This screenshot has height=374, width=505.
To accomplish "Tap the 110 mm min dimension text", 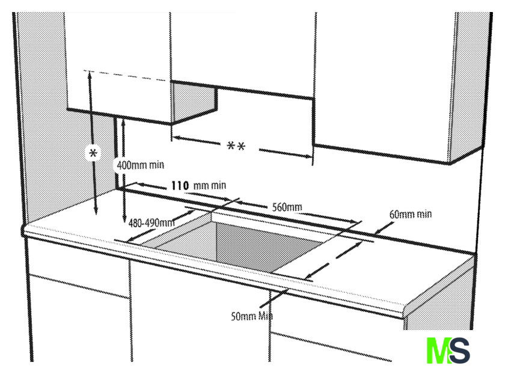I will (x=198, y=186).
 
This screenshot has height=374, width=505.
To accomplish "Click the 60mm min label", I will (x=410, y=213).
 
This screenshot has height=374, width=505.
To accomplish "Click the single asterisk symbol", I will (x=93, y=153).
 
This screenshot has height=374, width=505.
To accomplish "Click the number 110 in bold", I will (x=180, y=186).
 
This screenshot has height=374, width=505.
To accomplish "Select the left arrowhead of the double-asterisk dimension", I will (x=175, y=138).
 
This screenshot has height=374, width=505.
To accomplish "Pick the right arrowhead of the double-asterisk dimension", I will (x=309, y=156).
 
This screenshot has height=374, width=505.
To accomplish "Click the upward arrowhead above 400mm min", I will (x=123, y=120).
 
